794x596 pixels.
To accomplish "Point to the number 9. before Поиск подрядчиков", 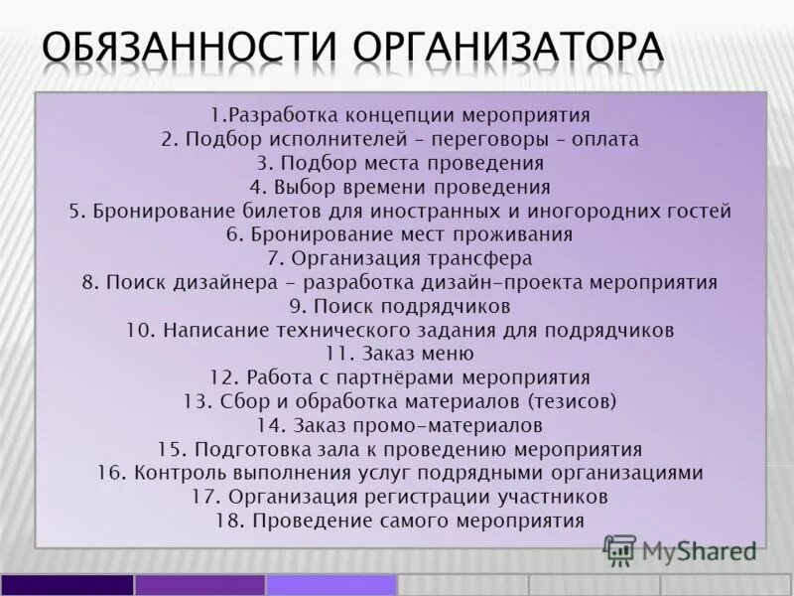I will pos(298,306).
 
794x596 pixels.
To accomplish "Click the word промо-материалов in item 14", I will pos(456,425).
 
